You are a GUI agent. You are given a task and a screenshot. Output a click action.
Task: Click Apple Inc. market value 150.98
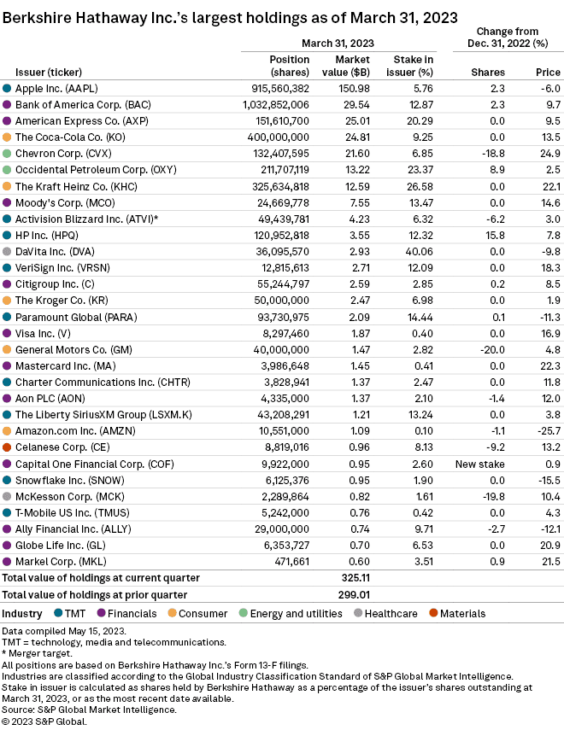point(354,88)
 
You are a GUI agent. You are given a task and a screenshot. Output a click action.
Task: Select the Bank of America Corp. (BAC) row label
point(83,105)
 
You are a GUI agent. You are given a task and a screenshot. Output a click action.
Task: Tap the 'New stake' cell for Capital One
point(480,464)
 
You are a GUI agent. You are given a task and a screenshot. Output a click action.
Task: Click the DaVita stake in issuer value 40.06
point(420,252)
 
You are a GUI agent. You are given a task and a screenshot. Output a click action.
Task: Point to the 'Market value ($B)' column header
point(346,66)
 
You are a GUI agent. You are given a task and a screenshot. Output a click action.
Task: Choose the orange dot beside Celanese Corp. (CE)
point(7,447)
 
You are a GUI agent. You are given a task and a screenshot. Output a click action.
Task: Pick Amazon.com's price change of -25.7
point(549,431)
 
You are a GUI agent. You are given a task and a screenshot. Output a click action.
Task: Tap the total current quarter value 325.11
point(355,578)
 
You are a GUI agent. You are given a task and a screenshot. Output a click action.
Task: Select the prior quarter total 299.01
point(354,595)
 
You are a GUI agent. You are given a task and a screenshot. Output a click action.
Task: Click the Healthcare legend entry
point(385,614)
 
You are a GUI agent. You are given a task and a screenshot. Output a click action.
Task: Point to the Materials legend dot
point(433,613)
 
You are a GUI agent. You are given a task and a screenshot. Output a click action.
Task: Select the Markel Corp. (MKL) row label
point(61,561)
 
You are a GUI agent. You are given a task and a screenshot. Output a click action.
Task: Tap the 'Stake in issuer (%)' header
point(409,66)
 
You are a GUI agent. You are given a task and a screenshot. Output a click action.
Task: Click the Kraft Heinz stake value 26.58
point(420,186)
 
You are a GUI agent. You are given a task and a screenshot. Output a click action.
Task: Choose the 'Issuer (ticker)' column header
point(49,73)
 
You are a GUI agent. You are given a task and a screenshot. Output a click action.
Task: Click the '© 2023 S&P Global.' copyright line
point(44,721)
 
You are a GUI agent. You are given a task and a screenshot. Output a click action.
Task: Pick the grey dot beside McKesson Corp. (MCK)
point(7,496)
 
